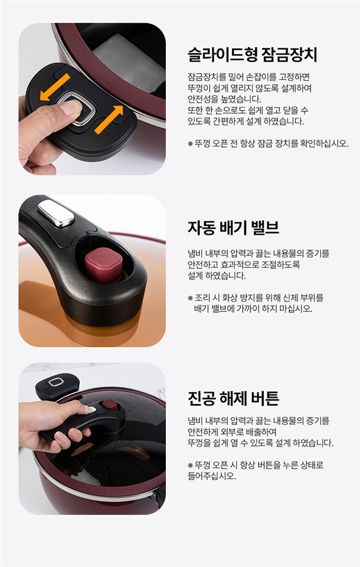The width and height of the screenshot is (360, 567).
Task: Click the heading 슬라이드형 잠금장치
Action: pos(252,55)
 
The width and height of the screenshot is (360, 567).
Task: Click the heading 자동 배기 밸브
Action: pos(233,228)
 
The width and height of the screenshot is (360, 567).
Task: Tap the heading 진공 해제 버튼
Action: pos(233,398)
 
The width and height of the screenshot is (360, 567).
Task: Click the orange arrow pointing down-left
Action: pos(55,87)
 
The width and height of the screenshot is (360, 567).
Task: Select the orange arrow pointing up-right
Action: pos(109,119)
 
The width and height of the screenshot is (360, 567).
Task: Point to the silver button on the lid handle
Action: pos(56,213)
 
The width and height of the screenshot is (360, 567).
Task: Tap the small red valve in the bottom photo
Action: pos(110,406)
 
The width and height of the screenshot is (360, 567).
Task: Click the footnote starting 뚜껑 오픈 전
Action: pos(268,143)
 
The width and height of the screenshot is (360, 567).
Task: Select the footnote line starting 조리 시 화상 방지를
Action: pos(256,298)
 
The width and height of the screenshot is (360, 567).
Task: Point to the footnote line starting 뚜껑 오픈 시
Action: pos(256,465)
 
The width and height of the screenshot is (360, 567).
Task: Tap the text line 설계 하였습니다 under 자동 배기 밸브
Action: pos(217,276)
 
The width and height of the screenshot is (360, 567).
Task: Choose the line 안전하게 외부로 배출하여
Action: pos(232,432)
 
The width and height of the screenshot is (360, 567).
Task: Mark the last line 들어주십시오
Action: pos(212,476)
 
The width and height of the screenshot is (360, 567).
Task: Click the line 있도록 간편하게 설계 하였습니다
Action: pos(246,122)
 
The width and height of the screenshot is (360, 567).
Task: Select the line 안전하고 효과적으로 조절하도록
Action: pos(244,265)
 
